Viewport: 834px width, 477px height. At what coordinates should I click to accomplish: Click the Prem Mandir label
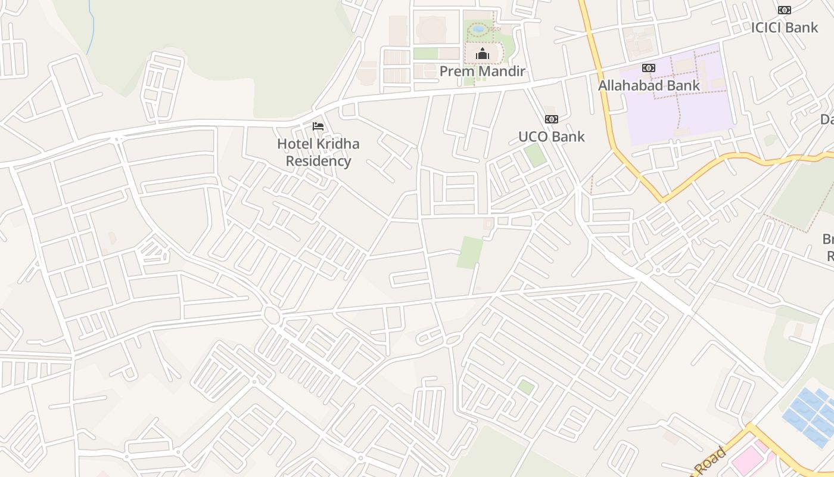[x=482, y=72]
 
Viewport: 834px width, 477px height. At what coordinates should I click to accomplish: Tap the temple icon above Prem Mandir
[x=482, y=55]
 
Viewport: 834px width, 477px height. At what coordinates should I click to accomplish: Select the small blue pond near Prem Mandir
[x=478, y=28]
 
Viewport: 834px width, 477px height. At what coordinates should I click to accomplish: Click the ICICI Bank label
[x=784, y=27]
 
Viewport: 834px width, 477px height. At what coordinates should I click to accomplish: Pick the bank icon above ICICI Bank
[x=785, y=10]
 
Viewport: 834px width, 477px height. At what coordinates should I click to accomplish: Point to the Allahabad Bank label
[x=649, y=85]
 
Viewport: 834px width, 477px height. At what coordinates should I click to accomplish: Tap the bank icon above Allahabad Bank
[x=649, y=68]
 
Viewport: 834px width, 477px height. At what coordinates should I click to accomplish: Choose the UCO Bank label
[x=551, y=137]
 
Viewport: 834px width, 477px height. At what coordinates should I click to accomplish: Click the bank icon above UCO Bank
[x=551, y=119]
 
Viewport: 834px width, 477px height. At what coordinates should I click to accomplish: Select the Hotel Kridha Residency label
[x=318, y=153]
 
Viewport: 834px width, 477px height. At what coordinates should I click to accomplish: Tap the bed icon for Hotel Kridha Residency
[x=318, y=126]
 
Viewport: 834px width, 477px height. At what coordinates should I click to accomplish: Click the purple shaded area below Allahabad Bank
[x=685, y=113]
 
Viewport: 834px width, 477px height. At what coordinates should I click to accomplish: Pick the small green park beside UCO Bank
[x=534, y=155]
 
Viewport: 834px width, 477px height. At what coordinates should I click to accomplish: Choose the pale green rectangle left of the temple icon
[x=426, y=54]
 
